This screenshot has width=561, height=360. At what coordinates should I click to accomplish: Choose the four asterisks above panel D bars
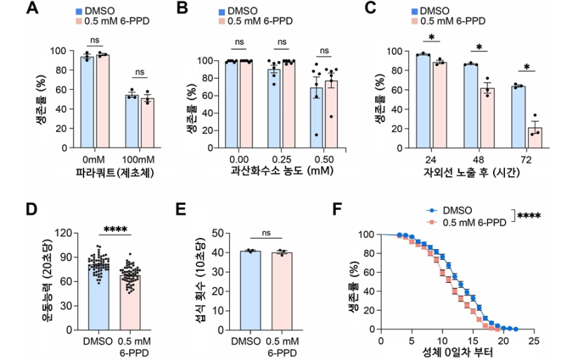(113, 229)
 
